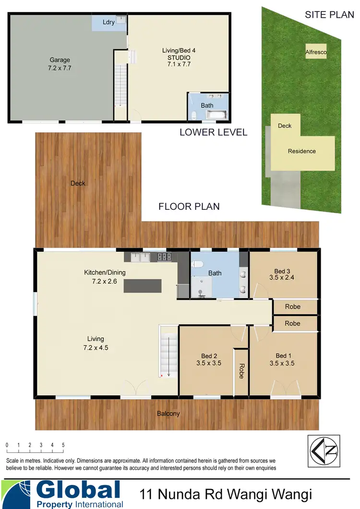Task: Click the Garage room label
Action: [60, 60]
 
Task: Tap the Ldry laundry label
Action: [108, 22]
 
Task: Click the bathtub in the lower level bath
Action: [218, 115]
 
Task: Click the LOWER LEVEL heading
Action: [213, 132]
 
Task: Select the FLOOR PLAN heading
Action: [189, 206]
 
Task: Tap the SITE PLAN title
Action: [329, 14]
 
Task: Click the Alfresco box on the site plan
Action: [316, 51]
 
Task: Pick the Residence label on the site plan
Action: [301, 151]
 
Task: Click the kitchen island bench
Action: [143, 286]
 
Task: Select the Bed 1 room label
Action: [283, 356]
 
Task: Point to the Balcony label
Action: [168, 413]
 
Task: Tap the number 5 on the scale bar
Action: [63, 445]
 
